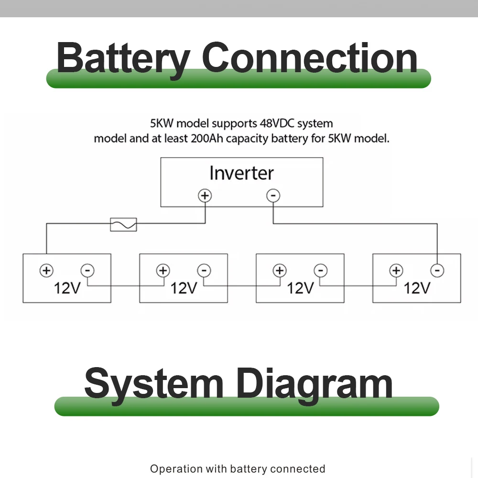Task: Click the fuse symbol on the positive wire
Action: coord(123,225)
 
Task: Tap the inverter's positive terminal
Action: coord(205,196)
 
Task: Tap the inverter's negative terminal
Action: coord(273,196)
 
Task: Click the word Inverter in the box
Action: coord(241,173)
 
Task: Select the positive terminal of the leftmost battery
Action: coord(47,271)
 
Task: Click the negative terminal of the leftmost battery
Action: coord(87,271)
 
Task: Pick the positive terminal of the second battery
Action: coord(163,271)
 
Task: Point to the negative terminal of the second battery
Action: coord(204,271)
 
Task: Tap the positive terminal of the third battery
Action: coord(280,271)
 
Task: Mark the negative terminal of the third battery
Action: coord(321,271)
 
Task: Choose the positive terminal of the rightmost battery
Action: coord(396,271)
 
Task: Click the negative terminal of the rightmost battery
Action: coord(437,271)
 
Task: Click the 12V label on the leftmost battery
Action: coord(67,288)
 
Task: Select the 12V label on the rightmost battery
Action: coord(417,288)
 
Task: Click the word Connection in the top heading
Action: coord(309,57)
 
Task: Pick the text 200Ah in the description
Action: coord(207,139)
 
